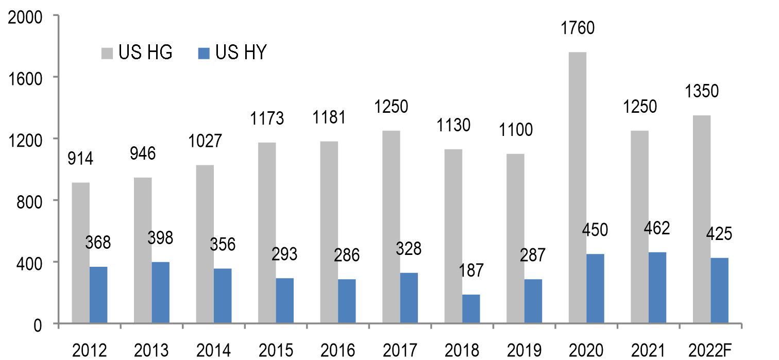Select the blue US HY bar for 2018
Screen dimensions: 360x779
(471, 309)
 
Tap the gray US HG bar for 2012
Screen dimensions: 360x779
(81, 253)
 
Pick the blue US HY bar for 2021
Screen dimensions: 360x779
(657, 288)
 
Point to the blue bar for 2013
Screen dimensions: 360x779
(161, 293)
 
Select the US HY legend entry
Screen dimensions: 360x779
(232, 53)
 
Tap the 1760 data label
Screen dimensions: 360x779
(578, 27)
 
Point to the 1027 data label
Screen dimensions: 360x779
(205, 141)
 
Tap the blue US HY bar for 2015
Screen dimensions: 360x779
(285, 301)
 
